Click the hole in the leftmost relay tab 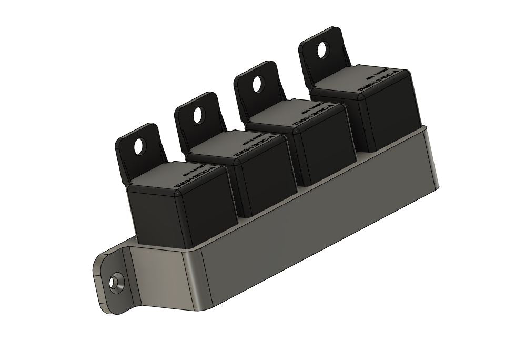pyautogui.click(x=139, y=147)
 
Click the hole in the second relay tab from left pyautogui.click(x=198, y=115)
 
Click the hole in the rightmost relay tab pyautogui.click(x=322, y=51)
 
